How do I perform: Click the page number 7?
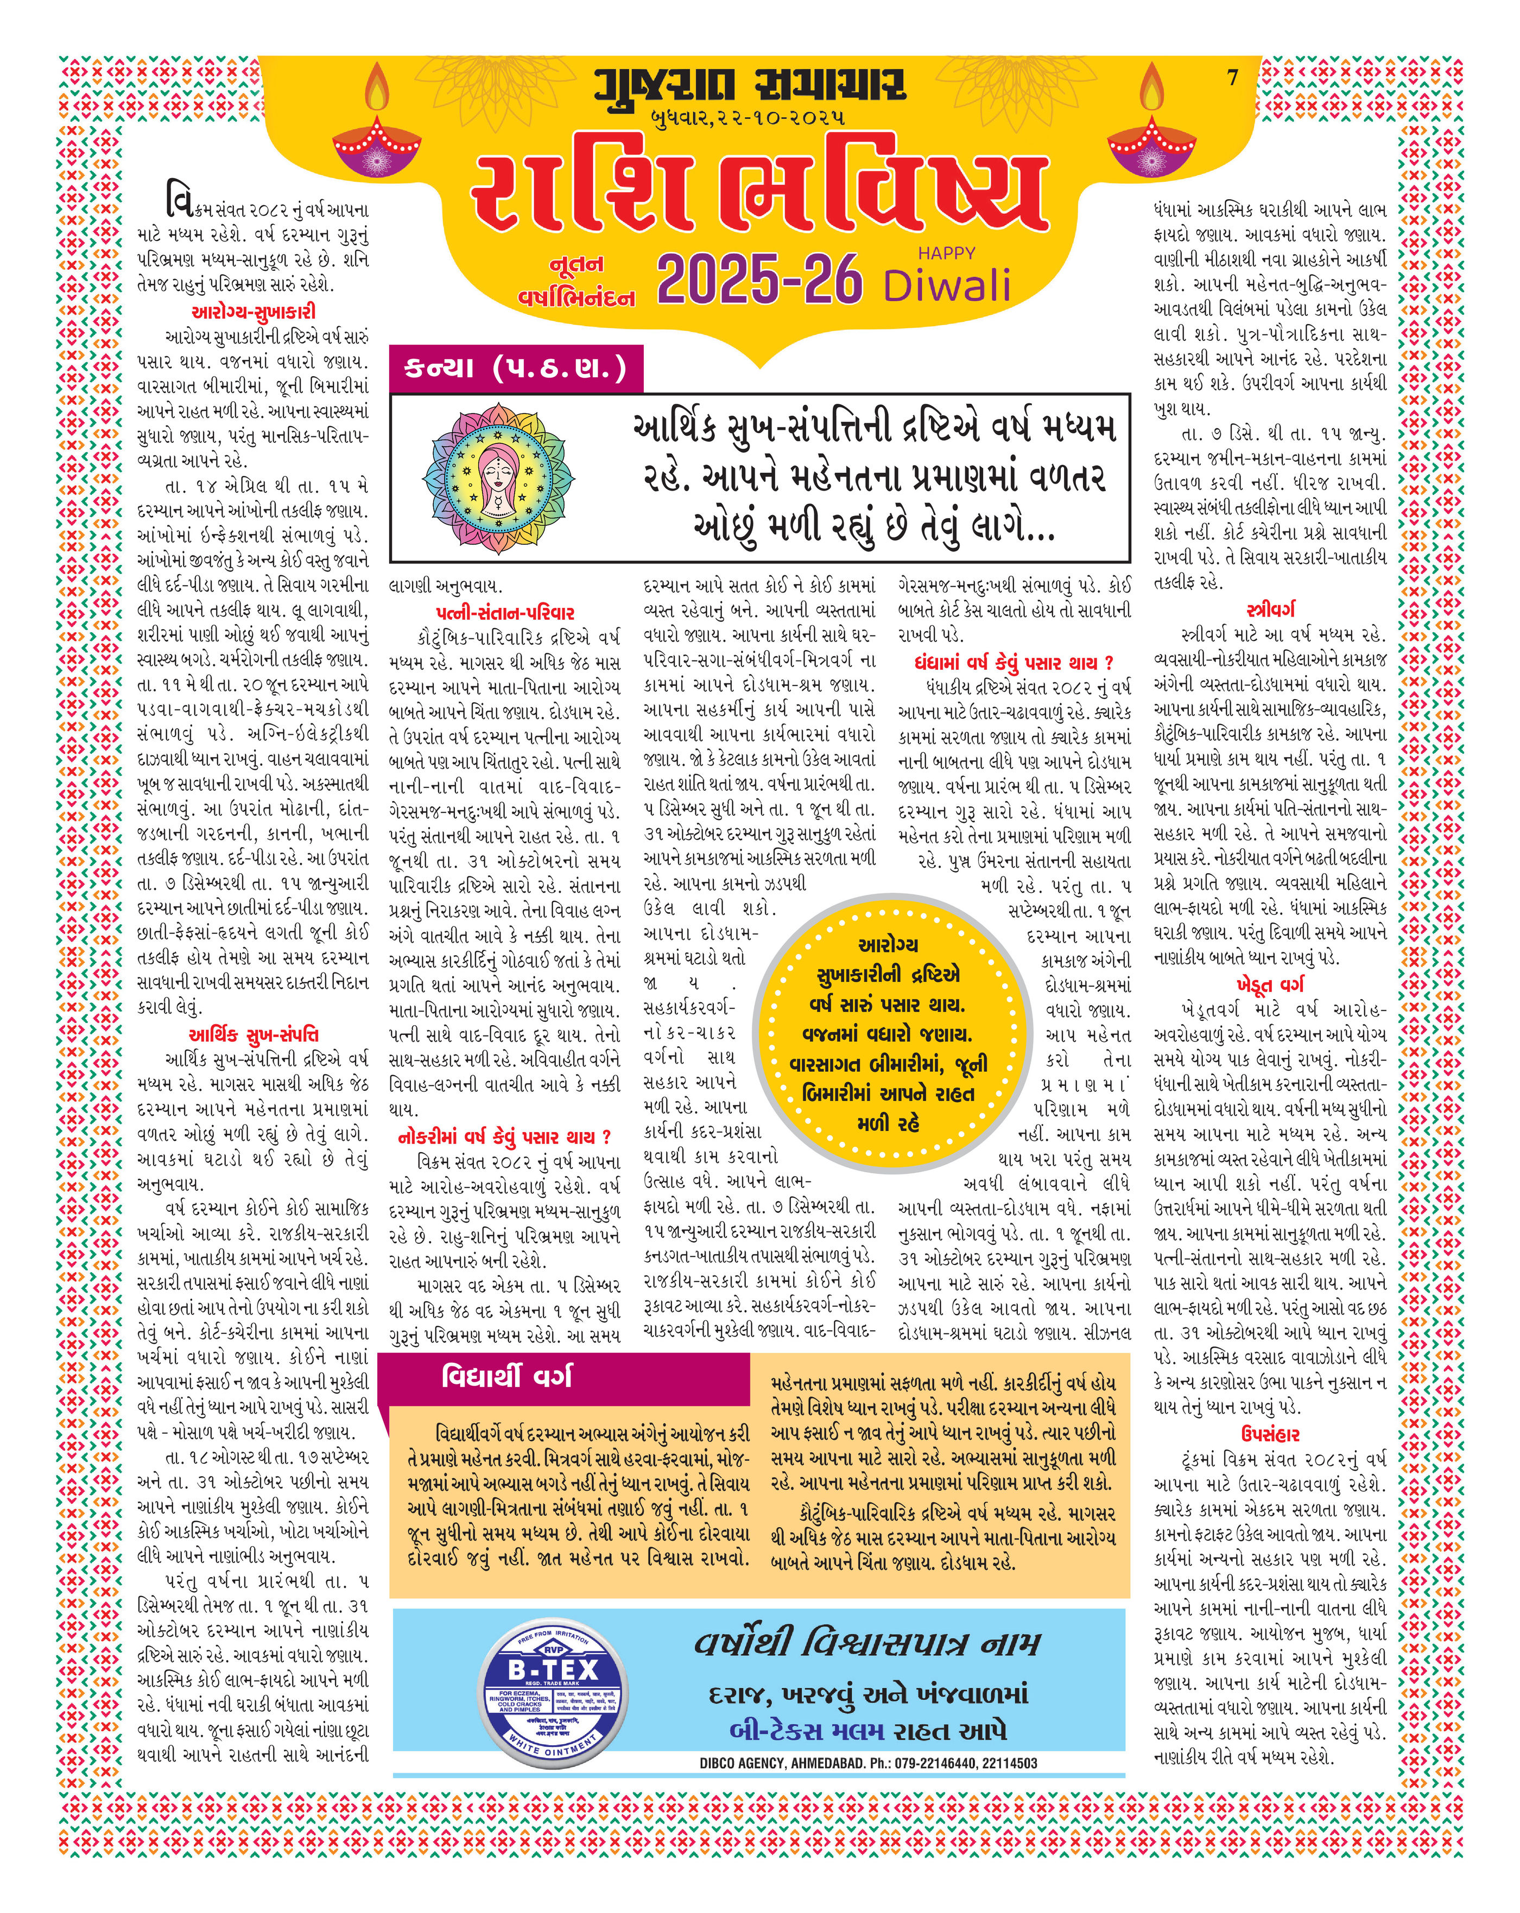tap(1232, 78)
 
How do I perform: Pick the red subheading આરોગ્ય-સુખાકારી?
tap(253, 312)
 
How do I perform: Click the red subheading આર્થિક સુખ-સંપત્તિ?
tap(253, 1034)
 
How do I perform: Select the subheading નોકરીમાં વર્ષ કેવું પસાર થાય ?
tap(504, 1136)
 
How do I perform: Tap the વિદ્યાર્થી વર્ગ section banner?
tap(506, 1376)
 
